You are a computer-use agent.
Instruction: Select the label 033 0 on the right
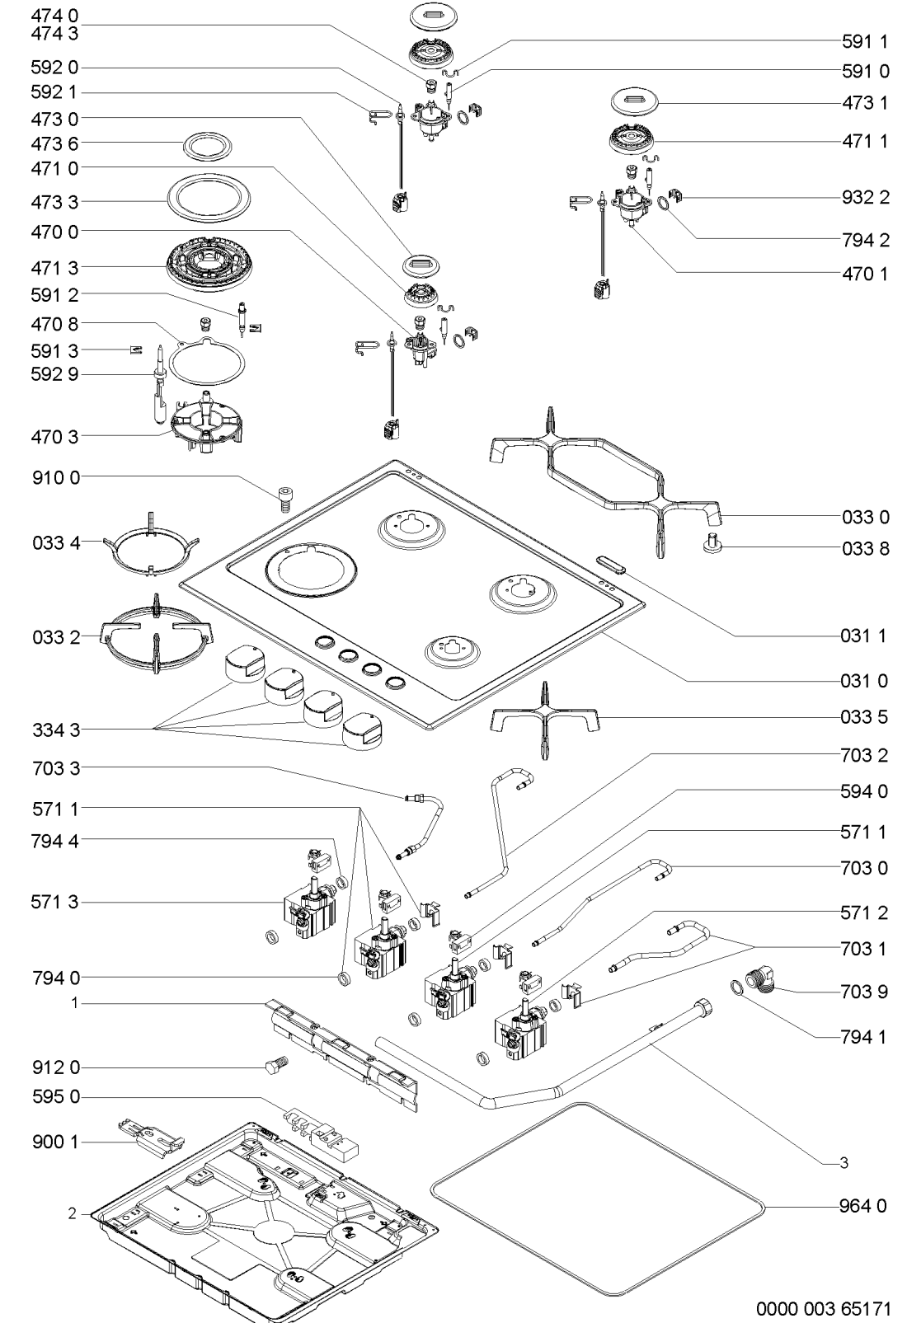coord(865,517)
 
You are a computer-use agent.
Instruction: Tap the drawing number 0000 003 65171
coord(822,1307)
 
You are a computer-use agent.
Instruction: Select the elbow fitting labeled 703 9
coord(762,983)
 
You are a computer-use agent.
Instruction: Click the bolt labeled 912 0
coord(276,1067)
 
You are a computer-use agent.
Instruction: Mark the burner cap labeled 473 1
coord(634,102)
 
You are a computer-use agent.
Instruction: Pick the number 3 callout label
coord(843,1162)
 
